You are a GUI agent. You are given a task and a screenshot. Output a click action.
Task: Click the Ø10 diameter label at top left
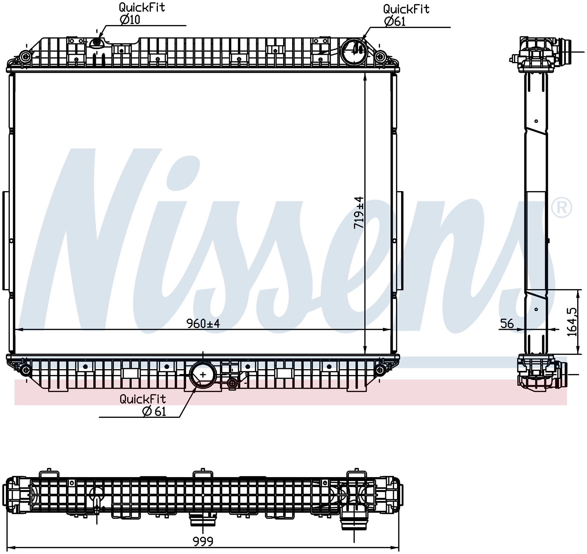coord(130,20)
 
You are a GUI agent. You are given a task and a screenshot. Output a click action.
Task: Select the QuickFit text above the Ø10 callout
coord(142,7)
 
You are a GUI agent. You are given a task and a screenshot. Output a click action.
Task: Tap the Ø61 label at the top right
coord(395,21)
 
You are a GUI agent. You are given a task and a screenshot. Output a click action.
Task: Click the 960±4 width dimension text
coord(203,324)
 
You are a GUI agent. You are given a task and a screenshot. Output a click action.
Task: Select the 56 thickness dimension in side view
coord(507,324)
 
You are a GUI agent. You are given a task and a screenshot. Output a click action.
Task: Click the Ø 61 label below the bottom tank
coord(154,411)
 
